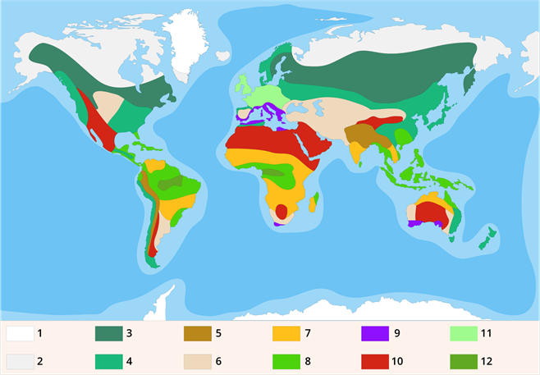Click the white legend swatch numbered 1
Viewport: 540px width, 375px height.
pos(20,334)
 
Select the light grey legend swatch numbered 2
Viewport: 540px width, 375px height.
pos(20,361)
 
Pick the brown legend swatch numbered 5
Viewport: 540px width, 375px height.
pos(197,334)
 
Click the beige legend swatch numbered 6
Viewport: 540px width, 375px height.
pos(197,361)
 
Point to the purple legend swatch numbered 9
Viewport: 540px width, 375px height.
pos(374,334)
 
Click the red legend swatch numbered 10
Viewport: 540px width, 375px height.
pos(374,361)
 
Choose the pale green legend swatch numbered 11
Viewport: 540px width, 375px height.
pos(464,334)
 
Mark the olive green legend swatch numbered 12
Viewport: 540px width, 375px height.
pos(464,361)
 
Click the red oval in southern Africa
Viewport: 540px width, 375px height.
pos(281,211)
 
